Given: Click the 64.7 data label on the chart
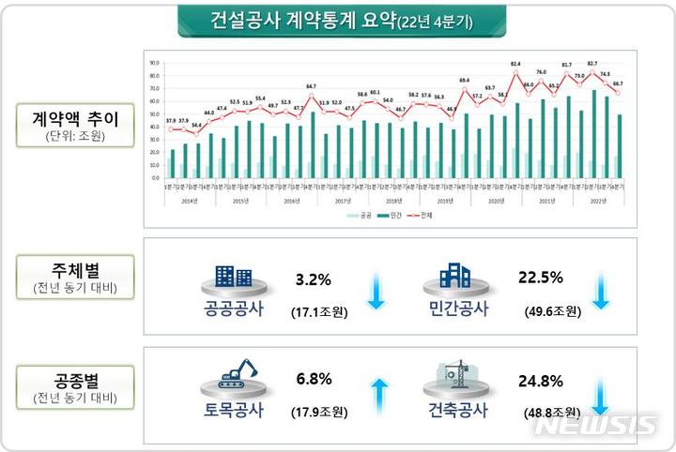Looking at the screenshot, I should click(312, 85).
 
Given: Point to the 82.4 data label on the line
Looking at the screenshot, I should click(515, 64).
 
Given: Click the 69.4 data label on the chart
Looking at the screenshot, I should click(464, 81).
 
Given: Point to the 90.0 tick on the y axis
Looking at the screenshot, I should click(154, 64).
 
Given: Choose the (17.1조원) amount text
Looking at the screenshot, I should click(315, 309).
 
